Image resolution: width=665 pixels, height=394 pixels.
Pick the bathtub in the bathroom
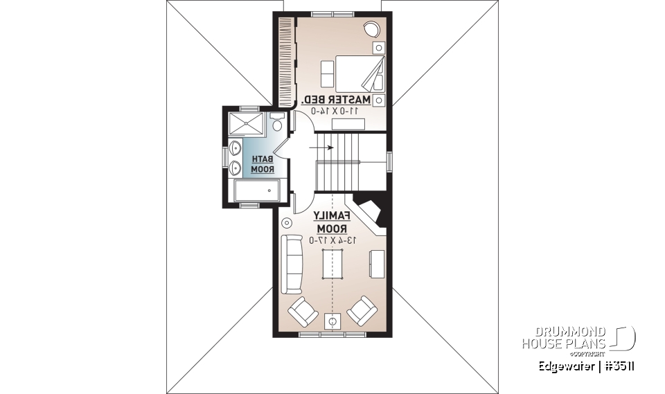click(x=256, y=191)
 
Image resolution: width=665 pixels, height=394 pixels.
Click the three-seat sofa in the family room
click(x=292, y=264)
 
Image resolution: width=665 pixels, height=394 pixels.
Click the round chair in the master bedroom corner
click(x=371, y=29)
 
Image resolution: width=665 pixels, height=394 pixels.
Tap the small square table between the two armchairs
click(x=332, y=321)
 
